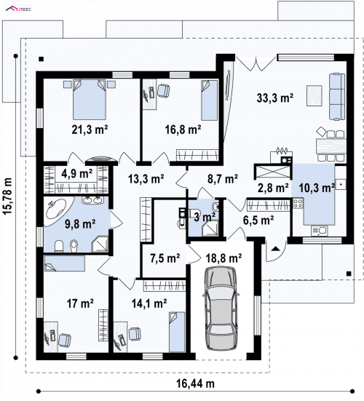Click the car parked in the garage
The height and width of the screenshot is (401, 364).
pos(221,309)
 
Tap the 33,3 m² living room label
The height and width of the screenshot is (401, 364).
pos(275,98)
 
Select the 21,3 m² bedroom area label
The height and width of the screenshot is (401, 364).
pos(90,130)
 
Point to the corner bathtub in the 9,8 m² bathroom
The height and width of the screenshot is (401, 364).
pos(58,211)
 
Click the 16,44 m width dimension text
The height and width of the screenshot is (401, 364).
pos(195,384)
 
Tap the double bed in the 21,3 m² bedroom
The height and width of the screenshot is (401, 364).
pos(90,99)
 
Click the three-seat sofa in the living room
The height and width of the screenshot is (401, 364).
pos(337,97)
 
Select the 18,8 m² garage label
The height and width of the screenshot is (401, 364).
pos(223,258)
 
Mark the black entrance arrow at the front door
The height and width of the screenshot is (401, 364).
pos(275,249)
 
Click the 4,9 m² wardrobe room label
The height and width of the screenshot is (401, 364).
pos(76,174)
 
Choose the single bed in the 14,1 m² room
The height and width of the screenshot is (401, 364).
pos(177,332)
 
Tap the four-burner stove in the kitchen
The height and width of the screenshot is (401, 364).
pos(298,204)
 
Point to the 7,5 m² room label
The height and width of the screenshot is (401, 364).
pos(165,258)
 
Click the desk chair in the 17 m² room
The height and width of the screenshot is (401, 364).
pos(65,340)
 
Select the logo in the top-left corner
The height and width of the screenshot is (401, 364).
pos(18,9)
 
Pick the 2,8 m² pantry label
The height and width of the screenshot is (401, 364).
pos(273,188)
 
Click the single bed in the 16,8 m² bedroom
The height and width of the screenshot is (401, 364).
pos(209,100)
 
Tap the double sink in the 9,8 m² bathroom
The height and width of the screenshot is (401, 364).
pos(93,200)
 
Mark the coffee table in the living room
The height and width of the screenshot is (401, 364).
pos(314,95)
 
